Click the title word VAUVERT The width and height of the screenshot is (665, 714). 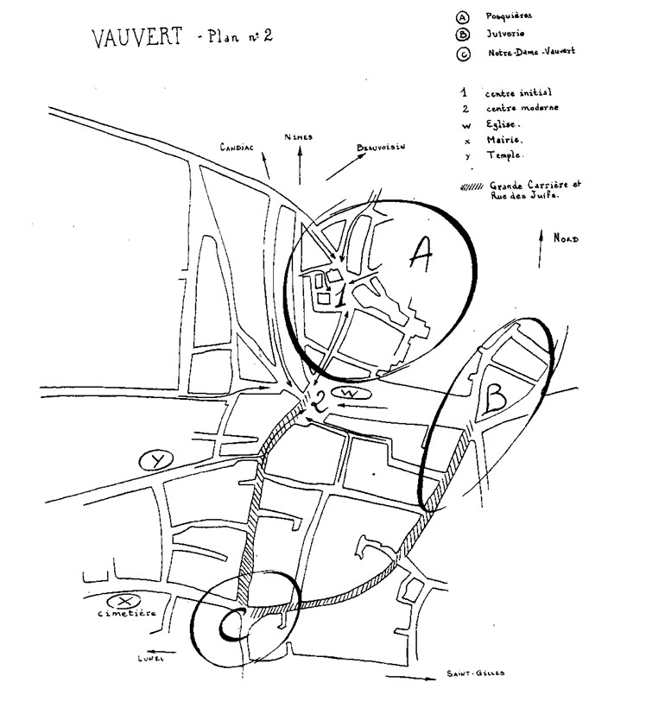(x=138, y=40)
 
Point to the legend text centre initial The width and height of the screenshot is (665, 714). (x=518, y=92)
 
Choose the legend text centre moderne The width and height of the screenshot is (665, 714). (x=522, y=108)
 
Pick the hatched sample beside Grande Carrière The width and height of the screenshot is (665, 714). (x=472, y=186)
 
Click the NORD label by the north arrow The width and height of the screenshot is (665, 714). (x=567, y=239)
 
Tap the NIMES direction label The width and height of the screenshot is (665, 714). (x=299, y=136)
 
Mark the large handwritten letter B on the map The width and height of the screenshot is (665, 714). (x=495, y=398)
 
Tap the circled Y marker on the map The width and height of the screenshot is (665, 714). (x=156, y=460)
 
